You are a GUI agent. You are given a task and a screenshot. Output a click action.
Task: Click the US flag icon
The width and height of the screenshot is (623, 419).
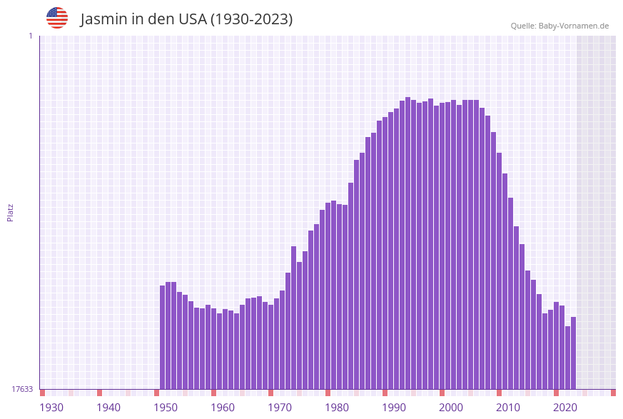pos(57,18)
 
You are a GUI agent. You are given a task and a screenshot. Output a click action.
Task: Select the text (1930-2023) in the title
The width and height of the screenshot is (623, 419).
pos(251,19)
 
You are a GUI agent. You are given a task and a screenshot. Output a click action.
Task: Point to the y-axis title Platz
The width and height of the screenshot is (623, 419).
pos(10,212)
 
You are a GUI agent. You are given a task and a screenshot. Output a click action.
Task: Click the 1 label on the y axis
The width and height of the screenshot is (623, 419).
pos(30,36)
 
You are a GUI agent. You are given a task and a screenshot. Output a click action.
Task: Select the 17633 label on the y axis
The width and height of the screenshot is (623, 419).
pos(22,389)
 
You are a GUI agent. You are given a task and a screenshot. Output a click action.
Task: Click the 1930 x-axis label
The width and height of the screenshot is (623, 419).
pos(51,408)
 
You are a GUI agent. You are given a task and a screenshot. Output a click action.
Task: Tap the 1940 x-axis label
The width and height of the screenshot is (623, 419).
pos(108,408)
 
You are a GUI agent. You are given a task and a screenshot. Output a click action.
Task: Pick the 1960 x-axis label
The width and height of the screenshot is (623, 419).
pos(223,408)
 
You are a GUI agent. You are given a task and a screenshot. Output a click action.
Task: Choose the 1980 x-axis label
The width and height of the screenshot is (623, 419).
pos(337,408)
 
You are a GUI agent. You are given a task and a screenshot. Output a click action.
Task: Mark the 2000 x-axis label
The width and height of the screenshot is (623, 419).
pos(451,408)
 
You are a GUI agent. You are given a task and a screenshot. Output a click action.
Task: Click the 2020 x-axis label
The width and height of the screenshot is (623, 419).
pos(565,408)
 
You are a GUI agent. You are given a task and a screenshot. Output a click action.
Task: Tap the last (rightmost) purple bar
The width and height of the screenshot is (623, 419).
pos(573,353)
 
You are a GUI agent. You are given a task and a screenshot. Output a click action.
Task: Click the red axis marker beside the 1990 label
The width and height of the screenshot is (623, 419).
pos(385,393)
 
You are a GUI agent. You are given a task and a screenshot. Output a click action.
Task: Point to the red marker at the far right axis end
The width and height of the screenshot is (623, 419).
pos(613,393)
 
